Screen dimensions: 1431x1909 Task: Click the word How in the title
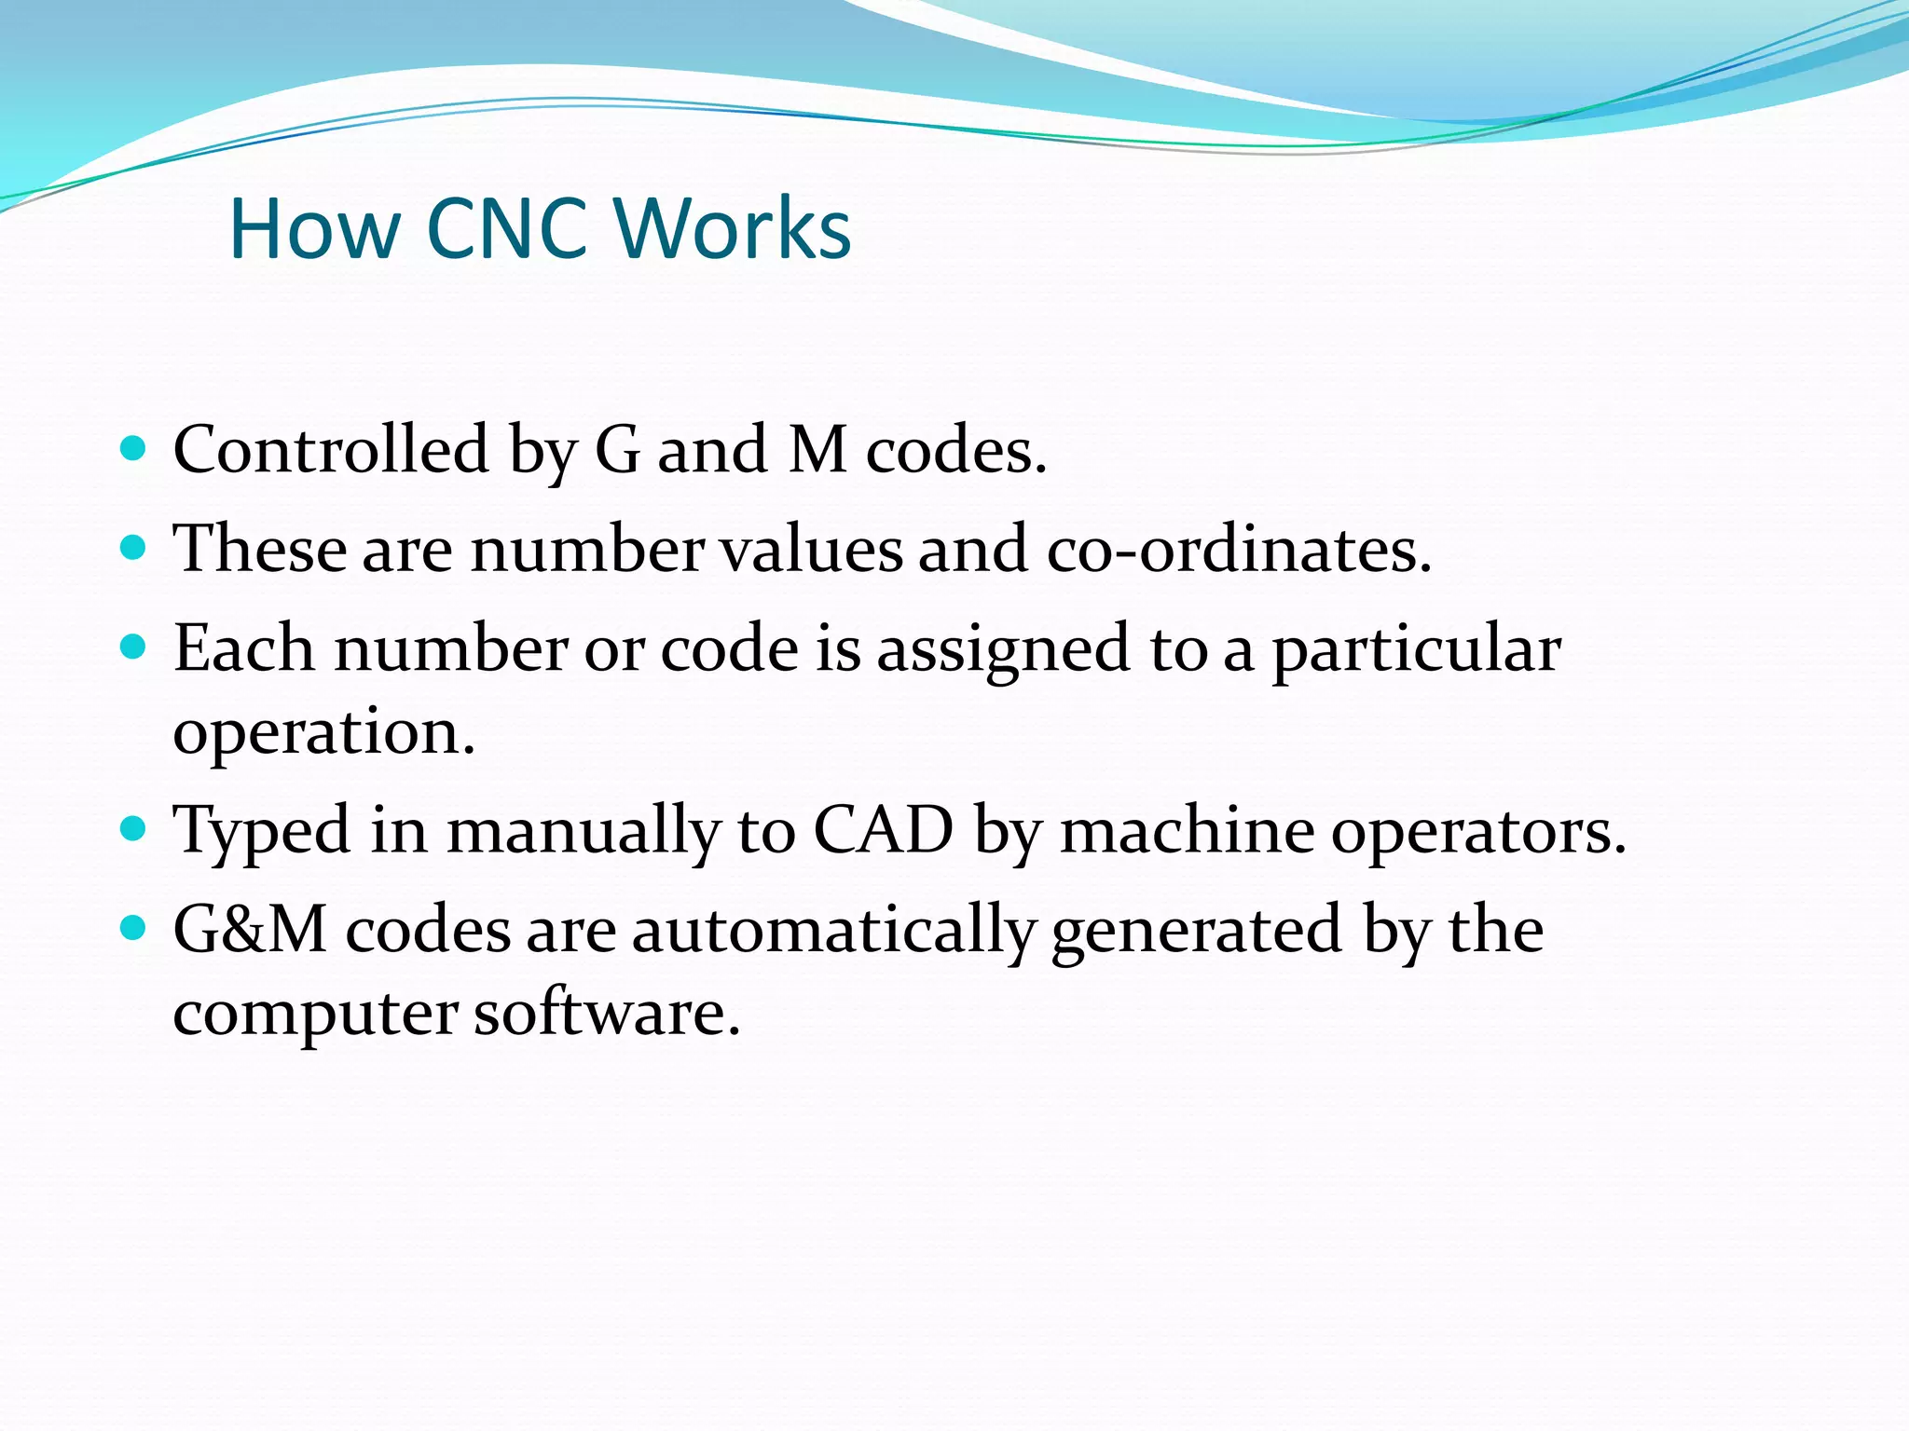[x=314, y=228]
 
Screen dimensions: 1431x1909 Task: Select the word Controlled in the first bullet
[x=331, y=450]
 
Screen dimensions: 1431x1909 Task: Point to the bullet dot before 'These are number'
[x=134, y=548]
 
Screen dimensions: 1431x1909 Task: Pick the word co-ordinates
[x=1239, y=549]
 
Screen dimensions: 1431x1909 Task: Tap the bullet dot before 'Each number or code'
[x=134, y=647]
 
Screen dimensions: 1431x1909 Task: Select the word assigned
[x=1003, y=649]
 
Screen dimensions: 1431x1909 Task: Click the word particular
[x=1417, y=649]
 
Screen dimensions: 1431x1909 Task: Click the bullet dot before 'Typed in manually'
[x=134, y=828]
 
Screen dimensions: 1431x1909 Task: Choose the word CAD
[x=884, y=829]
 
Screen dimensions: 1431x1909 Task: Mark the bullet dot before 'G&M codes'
[x=134, y=928]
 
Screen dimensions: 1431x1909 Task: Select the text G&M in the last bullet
[x=251, y=930]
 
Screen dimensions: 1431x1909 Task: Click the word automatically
[x=833, y=931]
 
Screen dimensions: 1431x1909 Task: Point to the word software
[x=607, y=1013]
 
